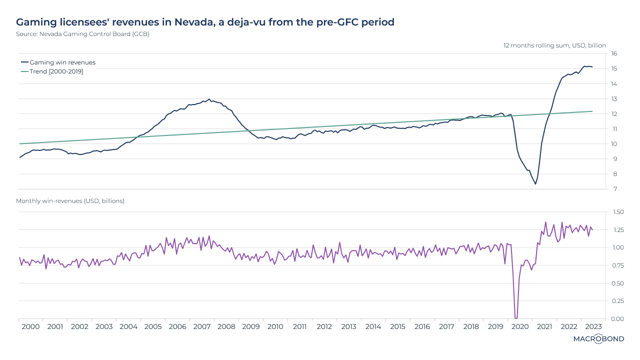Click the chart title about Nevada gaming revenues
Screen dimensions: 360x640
[x=205, y=22]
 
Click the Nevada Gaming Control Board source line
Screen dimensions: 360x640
[x=82, y=34]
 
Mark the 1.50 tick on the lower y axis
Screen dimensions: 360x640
[x=617, y=212]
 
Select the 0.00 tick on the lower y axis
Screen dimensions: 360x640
[x=617, y=319]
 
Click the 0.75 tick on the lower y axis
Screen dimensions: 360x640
[x=617, y=265]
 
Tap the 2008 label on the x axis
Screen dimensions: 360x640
[x=226, y=326]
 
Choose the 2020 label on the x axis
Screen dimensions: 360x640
[x=520, y=326]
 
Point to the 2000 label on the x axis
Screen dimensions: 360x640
[x=30, y=326]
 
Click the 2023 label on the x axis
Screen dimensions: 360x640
[x=593, y=326]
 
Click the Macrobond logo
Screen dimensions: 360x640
[x=598, y=339]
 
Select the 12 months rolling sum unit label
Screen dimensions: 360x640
[x=554, y=45]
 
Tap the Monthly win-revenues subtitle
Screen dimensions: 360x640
[x=70, y=200]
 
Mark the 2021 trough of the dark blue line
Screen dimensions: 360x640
[x=535, y=184]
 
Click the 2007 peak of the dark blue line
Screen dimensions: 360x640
[x=209, y=99]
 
